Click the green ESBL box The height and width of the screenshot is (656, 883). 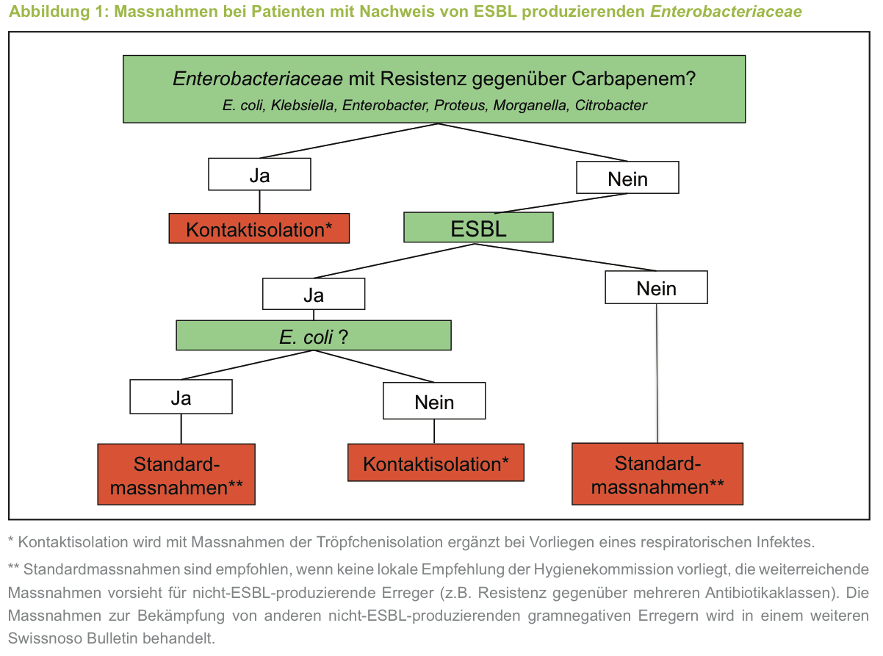[x=478, y=228]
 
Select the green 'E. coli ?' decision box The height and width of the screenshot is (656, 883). [x=314, y=336]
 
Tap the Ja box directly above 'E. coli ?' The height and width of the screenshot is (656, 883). [x=314, y=295]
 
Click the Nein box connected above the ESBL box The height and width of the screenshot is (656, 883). [x=627, y=178]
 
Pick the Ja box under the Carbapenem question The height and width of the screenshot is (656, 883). [x=259, y=175]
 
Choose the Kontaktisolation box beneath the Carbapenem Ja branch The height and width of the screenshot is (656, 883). [x=259, y=229]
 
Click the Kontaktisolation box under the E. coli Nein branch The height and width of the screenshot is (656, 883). [x=436, y=464]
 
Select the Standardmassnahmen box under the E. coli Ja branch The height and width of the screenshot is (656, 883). [x=176, y=475]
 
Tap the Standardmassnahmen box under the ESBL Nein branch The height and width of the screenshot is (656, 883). [x=657, y=474]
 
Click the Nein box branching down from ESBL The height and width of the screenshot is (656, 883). [x=656, y=288]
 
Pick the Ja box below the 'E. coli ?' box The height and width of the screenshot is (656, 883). [x=181, y=397]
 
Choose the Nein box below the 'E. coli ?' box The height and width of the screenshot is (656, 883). [x=434, y=402]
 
